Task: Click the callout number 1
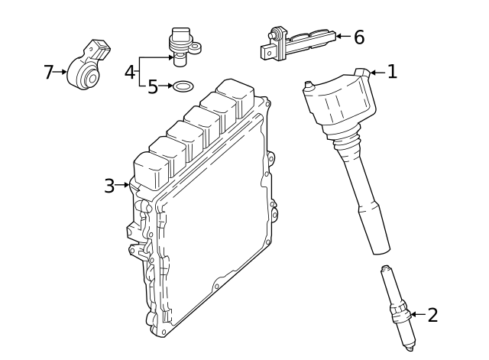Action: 392,72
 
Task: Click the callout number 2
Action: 432,315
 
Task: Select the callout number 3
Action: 109,185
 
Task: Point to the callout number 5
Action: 153,86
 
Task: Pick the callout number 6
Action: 358,37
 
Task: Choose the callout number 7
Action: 48,73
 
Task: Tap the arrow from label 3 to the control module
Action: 123,185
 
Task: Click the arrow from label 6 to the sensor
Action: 342,36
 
